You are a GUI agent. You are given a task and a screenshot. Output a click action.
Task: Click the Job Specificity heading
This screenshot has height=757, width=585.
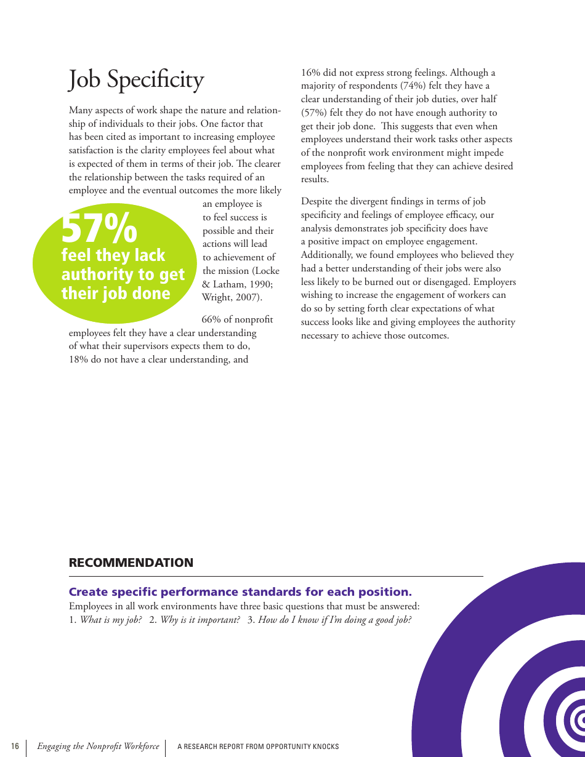pos(136,80)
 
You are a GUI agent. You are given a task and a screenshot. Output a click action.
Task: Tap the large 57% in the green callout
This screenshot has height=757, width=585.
pos(99,228)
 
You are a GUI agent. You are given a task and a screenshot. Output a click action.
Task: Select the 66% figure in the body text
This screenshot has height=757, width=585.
pos(211,319)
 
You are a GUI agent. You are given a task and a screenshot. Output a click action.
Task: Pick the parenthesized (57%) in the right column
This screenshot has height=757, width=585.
pos(314,113)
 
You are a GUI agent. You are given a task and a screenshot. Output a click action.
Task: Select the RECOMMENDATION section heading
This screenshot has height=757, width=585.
pos(131,563)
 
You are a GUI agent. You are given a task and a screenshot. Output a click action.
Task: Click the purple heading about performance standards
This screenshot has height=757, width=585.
pos(240,592)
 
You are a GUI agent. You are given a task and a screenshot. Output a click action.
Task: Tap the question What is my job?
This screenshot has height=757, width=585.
pos(111,620)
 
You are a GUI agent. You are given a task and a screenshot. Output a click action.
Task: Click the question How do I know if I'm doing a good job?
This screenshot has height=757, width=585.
pos(334,620)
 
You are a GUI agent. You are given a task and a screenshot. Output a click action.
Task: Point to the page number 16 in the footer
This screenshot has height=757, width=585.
pos(15,747)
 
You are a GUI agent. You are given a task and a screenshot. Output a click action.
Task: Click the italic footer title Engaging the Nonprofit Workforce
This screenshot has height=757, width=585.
pos(98,747)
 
